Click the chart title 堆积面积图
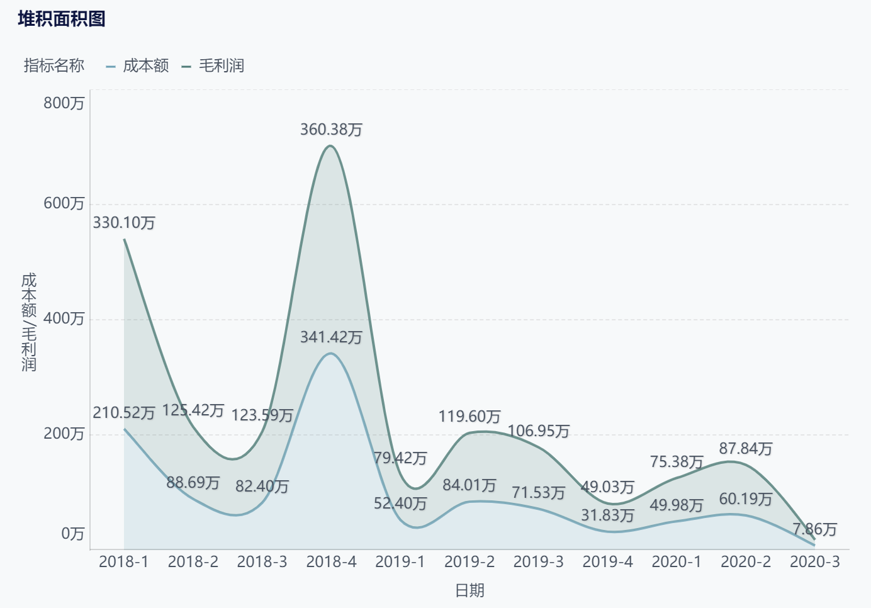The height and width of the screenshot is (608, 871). [x=62, y=19]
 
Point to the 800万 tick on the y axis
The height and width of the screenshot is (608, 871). [x=64, y=103]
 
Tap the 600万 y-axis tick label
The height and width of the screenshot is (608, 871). [x=64, y=203]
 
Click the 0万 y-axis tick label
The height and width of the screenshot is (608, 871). [x=72, y=534]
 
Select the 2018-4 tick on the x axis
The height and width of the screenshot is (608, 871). [x=331, y=562]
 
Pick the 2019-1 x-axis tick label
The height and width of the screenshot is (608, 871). [x=400, y=562]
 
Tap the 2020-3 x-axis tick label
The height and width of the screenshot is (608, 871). [x=814, y=562]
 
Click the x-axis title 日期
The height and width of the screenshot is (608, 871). [x=469, y=590]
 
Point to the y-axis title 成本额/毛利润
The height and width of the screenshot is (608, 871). [x=29, y=322]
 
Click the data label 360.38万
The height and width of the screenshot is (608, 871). [x=331, y=130]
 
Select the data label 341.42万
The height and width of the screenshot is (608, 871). [x=331, y=337]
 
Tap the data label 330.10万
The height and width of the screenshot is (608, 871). [x=124, y=223]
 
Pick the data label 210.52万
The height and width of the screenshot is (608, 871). [x=124, y=413]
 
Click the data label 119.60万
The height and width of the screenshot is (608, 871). [x=469, y=417]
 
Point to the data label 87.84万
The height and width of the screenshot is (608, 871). [x=746, y=449]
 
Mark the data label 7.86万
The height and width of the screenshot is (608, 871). [x=814, y=529]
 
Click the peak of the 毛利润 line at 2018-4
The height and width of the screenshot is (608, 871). [x=330, y=146]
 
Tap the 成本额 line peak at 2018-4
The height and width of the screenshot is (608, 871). [x=330, y=353]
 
